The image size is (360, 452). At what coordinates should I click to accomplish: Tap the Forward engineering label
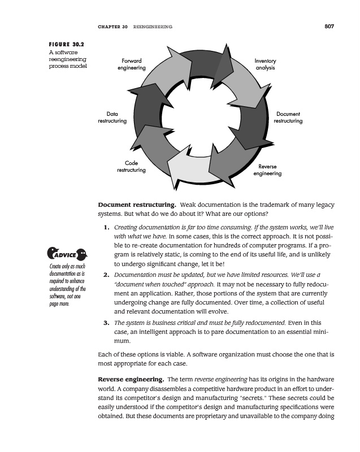pyautogui.click(x=131, y=64)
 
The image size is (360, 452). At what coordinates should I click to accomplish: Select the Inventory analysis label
pyautogui.click(x=264, y=64)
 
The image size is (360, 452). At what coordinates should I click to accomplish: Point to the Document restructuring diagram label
pyautogui.click(x=288, y=118)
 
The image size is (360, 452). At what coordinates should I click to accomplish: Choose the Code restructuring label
pyautogui.click(x=131, y=167)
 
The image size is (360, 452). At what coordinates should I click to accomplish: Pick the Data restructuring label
pyautogui.click(x=112, y=118)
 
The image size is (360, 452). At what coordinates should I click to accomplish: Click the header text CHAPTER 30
pyautogui.click(x=113, y=27)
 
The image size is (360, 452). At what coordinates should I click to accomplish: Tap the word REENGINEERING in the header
pyautogui.click(x=153, y=27)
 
